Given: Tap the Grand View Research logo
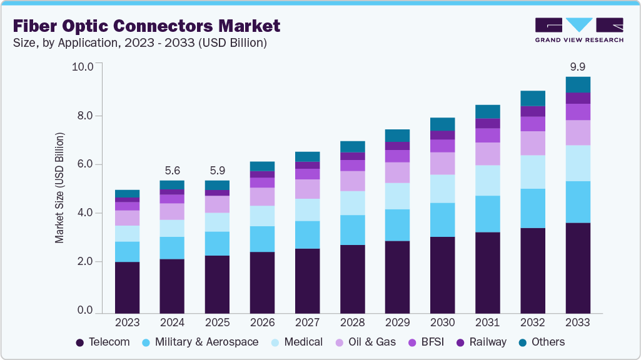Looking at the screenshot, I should (x=578, y=30).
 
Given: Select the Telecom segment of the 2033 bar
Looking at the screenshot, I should (x=577, y=267).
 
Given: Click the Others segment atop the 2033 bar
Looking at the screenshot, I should (x=577, y=84).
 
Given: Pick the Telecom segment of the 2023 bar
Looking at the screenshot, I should (x=127, y=287).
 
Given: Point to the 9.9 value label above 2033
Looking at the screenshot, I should (x=577, y=66).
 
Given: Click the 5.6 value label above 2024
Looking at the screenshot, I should (x=172, y=169).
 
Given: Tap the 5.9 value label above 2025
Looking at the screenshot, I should (x=217, y=169).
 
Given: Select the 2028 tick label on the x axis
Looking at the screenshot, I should (x=352, y=323).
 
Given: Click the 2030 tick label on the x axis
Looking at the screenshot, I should (x=442, y=323).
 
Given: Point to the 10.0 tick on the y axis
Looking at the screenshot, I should (x=83, y=67).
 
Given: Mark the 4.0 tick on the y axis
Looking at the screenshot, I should (x=85, y=213).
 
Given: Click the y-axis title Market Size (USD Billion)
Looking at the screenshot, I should (x=59, y=187).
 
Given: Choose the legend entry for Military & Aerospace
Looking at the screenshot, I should (x=200, y=342).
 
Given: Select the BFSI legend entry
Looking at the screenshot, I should (x=426, y=342).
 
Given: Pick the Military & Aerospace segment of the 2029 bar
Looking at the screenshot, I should (x=397, y=225).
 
